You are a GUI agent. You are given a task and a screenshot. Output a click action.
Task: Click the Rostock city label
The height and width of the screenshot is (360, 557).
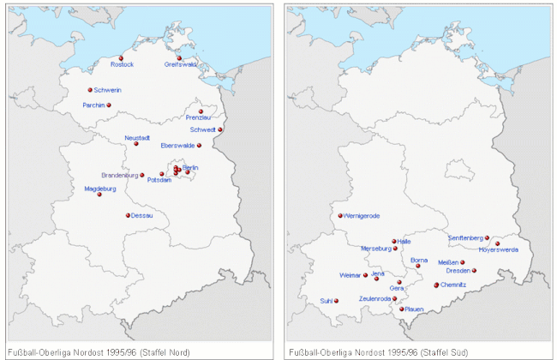pyautogui.click(x=122, y=64)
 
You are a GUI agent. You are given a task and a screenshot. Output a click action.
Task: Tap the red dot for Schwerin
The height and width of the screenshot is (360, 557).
pyautogui.click(x=90, y=90)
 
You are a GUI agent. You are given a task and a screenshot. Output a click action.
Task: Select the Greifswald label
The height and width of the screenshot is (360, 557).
pyautogui.click(x=181, y=64)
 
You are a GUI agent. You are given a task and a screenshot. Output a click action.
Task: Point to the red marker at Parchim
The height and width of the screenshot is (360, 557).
pyautogui.click(x=109, y=105)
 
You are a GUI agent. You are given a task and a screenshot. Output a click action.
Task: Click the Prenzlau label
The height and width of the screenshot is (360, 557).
pyautogui.click(x=199, y=117)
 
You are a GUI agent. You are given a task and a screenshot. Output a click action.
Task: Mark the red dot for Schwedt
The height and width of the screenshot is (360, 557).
pyautogui.click(x=220, y=129)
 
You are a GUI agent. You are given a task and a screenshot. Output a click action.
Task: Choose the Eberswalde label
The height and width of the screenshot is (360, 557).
pyautogui.click(x=179, y=145)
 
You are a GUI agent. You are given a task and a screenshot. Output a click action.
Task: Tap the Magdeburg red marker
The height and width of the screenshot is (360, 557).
pyautogui.click(x=99, y=195)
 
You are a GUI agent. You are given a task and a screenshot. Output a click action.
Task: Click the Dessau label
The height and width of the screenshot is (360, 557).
pyautogui.click(x=142, y=216)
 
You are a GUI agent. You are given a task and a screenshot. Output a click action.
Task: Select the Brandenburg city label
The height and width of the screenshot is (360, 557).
pyautogui.click(x=119, y=175)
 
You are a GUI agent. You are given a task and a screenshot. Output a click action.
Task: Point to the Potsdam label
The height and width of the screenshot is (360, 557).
pyautogui.click(x=159, y=181)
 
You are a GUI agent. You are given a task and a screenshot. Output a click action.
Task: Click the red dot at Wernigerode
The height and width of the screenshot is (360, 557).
pyautogui.click(x=340, y=216)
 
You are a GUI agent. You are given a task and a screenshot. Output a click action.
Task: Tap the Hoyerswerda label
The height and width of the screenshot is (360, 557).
pyautogui.click(x=499, y=249)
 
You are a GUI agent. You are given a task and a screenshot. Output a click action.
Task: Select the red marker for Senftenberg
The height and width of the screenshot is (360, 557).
pyautogui.click(x=487, y=237)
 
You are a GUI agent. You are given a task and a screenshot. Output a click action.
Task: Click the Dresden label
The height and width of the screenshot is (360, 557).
pyautogui.click(x=458, y=271)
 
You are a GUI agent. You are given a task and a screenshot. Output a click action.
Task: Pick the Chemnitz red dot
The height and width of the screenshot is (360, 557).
pyautogui.click(x=436, y=285)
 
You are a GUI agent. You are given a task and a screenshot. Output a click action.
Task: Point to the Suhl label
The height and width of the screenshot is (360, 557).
pyautogui.click(x=325, y=301)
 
